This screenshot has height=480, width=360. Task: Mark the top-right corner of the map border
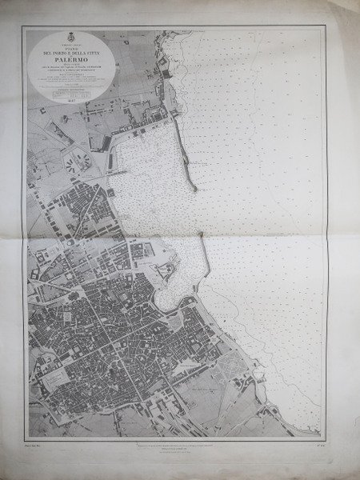pyautogui.click(x=326, y=28)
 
